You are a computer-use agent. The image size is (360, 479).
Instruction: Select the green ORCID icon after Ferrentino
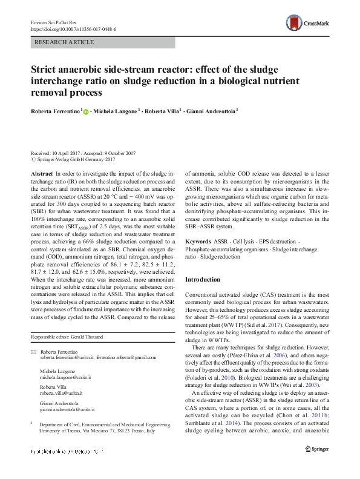(86, 112)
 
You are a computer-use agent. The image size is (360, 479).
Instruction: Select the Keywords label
(198, 241)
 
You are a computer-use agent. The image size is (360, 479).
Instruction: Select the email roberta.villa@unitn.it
(61, 392)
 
